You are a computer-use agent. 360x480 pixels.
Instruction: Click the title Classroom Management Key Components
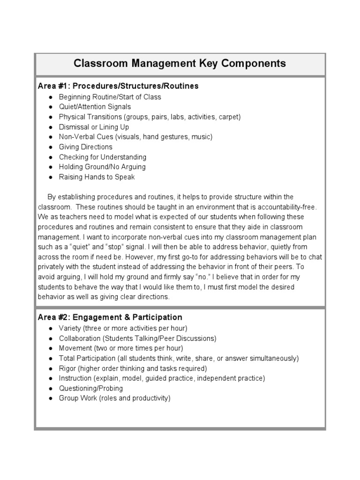coord(180,63)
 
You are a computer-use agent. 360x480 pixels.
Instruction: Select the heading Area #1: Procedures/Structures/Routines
coord(118,86)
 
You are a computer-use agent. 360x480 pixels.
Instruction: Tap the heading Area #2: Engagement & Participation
coord(110,317)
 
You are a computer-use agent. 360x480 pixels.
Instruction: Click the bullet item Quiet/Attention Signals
coord(95,107)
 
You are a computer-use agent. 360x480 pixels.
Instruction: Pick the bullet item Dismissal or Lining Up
coord(94,127)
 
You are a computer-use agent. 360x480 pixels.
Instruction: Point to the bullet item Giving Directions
coord(86,147)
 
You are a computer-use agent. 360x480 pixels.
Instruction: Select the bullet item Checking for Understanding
coord(103,157)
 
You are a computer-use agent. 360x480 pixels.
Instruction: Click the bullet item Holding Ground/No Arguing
coord(102,167)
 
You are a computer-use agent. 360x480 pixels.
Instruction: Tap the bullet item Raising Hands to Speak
coord(97,177)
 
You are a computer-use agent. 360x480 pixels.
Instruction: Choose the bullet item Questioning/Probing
coord(91,388)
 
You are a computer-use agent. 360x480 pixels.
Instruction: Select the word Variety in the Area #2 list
coord(69,328)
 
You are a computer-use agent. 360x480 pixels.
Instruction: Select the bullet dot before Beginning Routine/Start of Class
coord(51,97)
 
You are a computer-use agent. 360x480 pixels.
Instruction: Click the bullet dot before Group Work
coord(51,398)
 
